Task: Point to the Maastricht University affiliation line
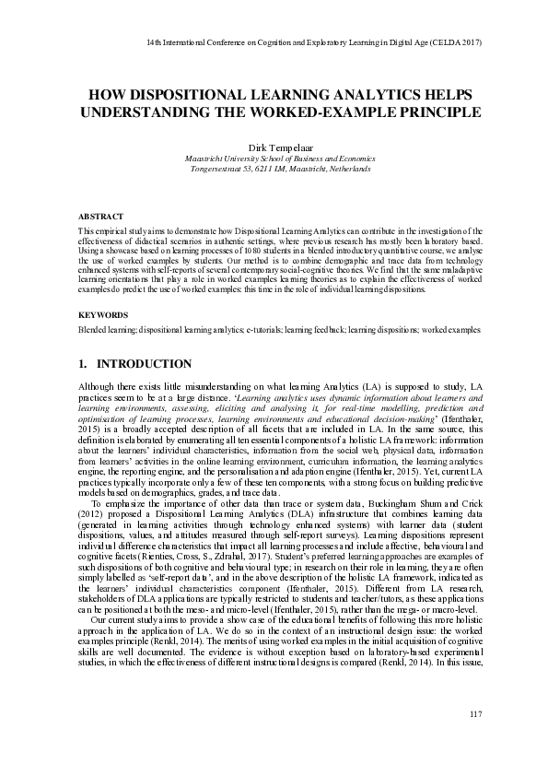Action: coord(274,159)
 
